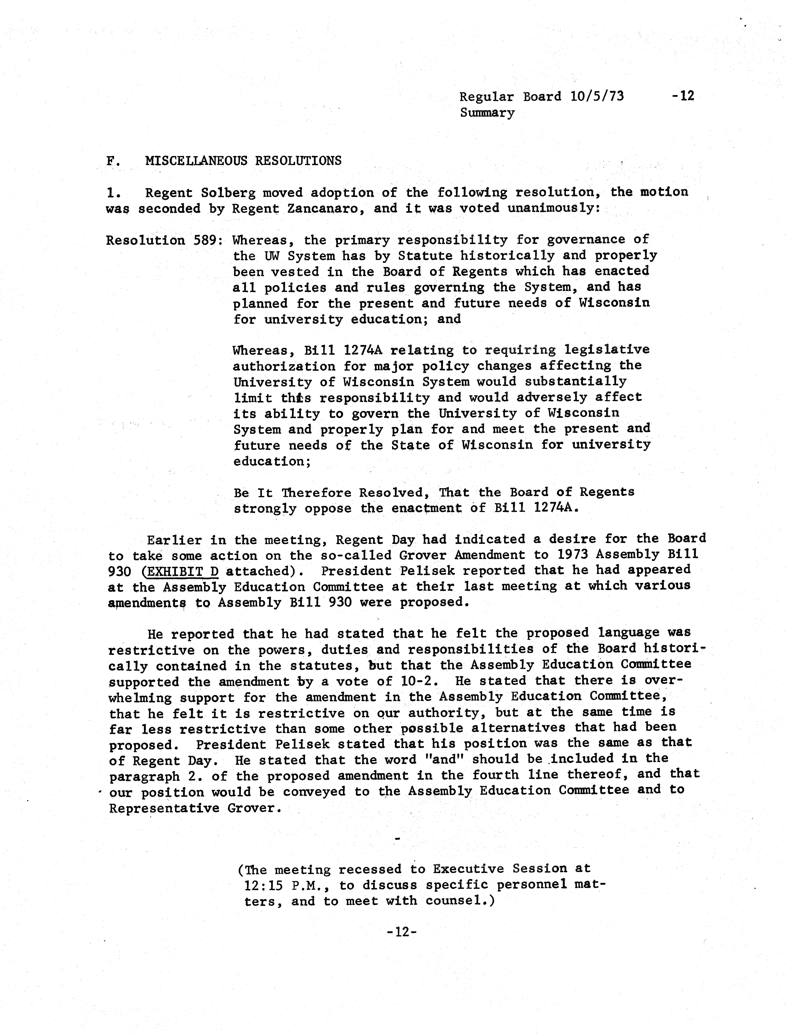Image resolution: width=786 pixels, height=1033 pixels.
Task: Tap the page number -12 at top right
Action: pos(683,96)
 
